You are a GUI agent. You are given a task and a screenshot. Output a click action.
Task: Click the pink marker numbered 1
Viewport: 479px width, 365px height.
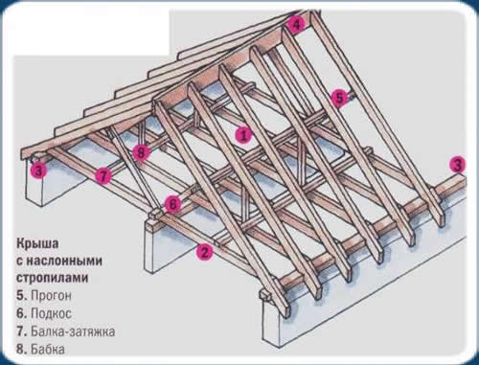pos(244,135)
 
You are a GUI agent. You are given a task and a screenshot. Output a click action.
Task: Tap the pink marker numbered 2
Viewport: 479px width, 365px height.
pos(203,253)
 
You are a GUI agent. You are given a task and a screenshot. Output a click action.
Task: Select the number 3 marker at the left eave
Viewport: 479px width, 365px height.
pos(37,171)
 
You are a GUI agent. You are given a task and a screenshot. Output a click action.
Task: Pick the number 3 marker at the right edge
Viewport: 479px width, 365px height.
pos(459,164)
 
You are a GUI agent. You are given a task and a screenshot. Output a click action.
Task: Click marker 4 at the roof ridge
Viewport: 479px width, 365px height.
pos(298,25)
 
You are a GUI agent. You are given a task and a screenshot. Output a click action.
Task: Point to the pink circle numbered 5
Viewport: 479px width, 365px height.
pos(338,97)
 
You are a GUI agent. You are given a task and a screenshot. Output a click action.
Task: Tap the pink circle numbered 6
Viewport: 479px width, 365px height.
pos(172,203)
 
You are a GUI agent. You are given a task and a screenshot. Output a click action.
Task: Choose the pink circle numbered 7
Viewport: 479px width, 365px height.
pos(103,176)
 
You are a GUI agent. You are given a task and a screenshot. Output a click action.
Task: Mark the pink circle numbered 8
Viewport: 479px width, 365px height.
pos(143,151)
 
